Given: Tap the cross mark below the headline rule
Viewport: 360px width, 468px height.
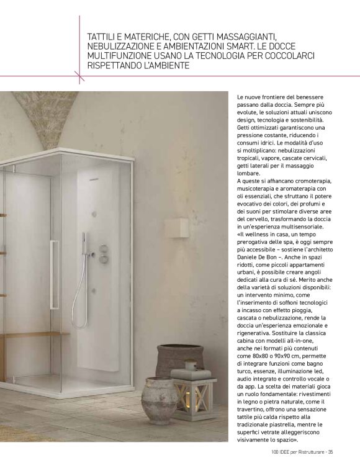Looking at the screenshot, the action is tap(79, 76).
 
